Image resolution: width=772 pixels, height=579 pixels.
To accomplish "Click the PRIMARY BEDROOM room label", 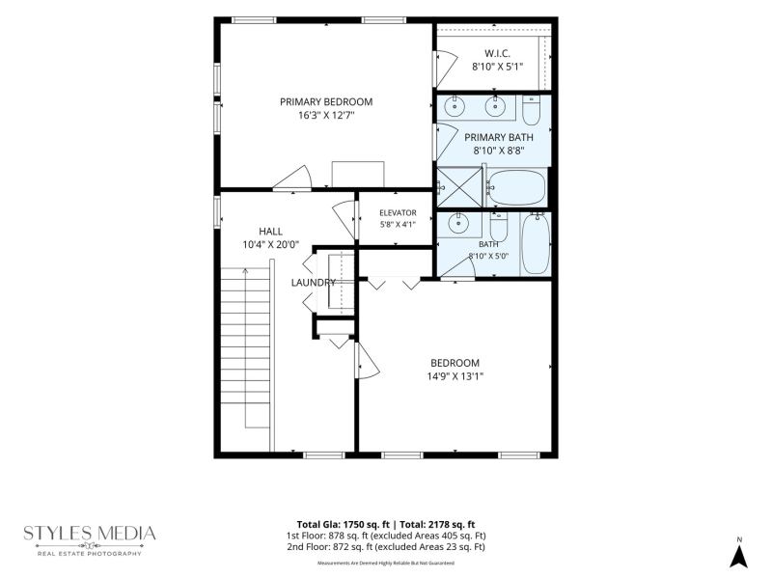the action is coord(326,102).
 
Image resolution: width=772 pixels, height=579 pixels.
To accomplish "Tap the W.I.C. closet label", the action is coord(497,53).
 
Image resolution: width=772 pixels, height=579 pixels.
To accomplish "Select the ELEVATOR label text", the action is coord(398,212).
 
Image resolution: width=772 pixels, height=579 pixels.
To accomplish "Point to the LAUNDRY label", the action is coord(313,283).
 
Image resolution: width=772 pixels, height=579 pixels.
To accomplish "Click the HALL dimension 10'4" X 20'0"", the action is coord(271,245).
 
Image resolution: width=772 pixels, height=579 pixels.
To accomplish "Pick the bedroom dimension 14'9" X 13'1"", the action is coord(455,376).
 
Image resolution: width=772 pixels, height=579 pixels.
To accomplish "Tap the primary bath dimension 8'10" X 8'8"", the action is coord(499,151).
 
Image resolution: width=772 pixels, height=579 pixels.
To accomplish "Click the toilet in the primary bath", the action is coord(532,110).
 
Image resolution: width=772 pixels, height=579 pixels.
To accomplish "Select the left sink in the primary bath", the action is coord(455,106).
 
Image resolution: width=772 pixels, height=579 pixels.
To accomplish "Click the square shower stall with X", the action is coord(459,187).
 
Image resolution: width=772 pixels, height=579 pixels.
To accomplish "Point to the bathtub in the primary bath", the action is coord(517,187).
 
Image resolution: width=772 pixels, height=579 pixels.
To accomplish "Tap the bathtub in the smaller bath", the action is coord(536,243).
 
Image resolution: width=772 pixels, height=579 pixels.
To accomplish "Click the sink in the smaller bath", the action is coord(458,224).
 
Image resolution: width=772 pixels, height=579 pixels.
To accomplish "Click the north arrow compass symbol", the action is coord(738,557).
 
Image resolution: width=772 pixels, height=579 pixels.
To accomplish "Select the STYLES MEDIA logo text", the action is coord(90,534).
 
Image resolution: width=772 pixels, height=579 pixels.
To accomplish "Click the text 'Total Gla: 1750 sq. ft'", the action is coord(343,524).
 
